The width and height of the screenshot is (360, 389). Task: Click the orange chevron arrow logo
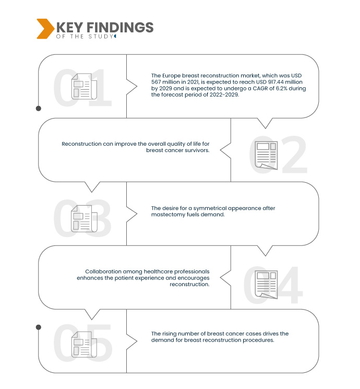pos(45,29)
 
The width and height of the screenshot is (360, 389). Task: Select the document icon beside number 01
pos(83,87)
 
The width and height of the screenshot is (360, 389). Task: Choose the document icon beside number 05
pos(83,346)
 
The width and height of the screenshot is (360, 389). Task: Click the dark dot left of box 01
pos(39,109)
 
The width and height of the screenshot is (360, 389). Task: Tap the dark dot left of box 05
pos(39,327)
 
